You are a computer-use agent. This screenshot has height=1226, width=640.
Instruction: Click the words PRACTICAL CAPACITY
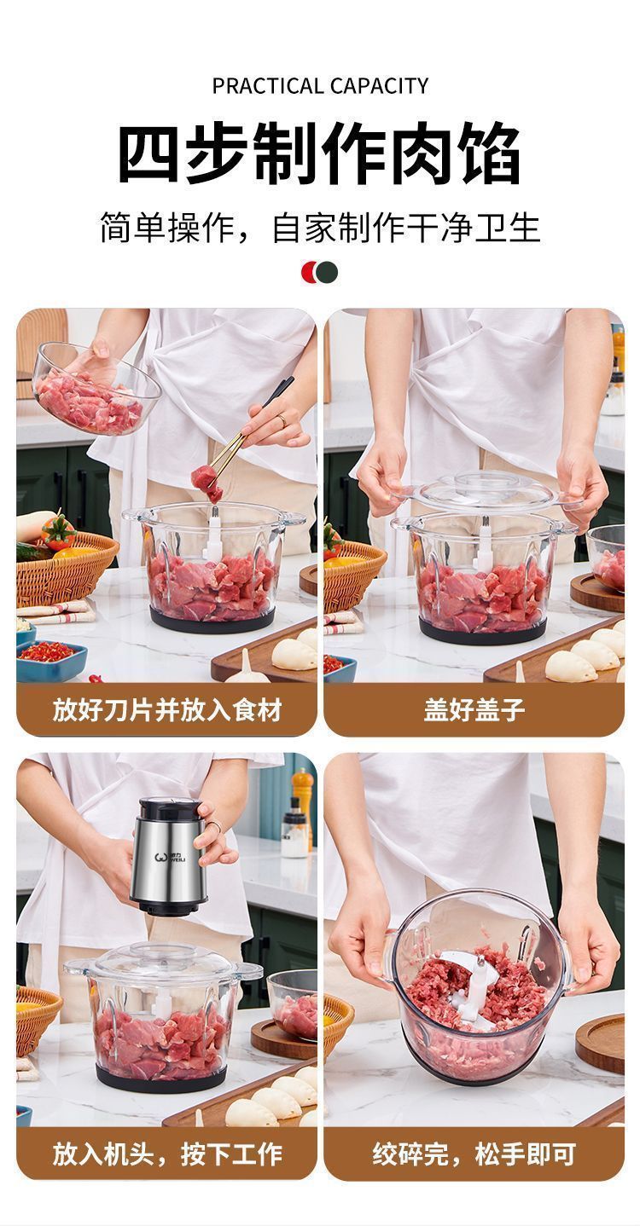(320, 86)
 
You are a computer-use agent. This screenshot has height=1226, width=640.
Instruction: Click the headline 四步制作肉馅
(319, 153)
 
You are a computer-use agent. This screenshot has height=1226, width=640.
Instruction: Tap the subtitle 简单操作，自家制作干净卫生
(320, 228)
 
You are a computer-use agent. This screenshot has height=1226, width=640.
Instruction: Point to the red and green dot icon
(319, 272)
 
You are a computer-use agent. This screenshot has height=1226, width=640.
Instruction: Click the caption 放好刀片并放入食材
(167, 710)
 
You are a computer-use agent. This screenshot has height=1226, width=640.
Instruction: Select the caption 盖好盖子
(474, 710)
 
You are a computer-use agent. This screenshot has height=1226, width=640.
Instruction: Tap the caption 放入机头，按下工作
(167, 1154)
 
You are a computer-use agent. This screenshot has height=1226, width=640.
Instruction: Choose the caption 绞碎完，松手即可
(474, 1154)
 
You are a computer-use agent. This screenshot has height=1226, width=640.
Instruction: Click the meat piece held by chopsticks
(207, 483)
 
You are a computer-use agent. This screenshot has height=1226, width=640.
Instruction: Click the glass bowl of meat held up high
(96, 390)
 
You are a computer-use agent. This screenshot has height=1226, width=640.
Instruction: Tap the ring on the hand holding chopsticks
(281, 419)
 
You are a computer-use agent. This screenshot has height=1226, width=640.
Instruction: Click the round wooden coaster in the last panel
(601, 1046)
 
